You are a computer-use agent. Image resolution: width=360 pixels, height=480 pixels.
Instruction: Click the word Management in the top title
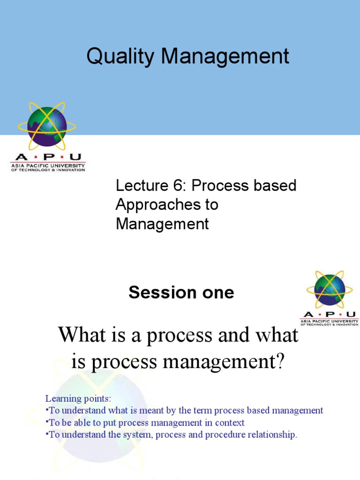225,57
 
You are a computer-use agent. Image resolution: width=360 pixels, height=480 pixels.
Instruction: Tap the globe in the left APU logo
47,126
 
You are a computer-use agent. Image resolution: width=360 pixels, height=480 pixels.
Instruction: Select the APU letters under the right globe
330,315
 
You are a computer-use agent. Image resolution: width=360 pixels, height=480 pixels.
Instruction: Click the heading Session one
181,292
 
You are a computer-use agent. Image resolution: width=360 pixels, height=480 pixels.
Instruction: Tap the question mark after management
280,363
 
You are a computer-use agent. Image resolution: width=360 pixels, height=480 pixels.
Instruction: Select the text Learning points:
78,398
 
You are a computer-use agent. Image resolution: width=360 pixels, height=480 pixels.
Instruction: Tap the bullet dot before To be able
47,423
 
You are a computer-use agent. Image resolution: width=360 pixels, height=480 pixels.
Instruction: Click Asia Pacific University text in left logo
48,165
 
